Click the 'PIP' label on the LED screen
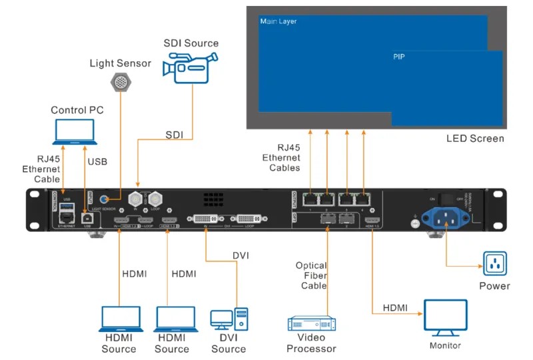(x=399, y=57)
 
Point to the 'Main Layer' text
(x=278, y=22)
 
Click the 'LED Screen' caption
(x=475, y=139)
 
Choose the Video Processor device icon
(x=311, y=323)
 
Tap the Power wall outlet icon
(x=495, y=264)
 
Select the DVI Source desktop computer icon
(x=229, y=319)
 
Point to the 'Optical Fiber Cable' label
(x=311, y=275)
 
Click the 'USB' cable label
(x=97, y=161)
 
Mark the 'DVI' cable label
(x=241, y=255)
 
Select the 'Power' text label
(x=495, y=286)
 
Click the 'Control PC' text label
(x=77, y=109)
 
